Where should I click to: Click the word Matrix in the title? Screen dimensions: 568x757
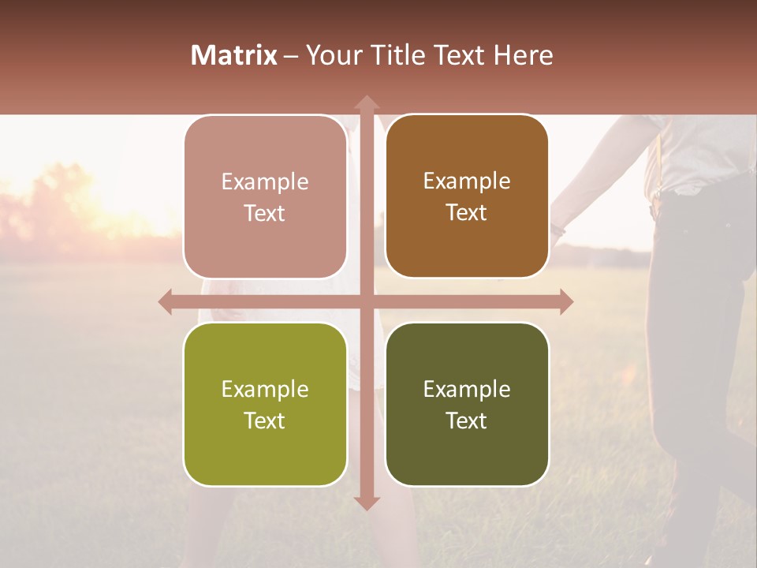coord(234,55)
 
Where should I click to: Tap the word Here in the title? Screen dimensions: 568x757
coord(524,55)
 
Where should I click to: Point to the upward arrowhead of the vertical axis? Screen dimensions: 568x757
coord(366,103)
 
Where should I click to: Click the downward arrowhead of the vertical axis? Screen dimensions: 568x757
coord(366,503)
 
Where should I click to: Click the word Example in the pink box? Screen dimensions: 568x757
coord(265,181)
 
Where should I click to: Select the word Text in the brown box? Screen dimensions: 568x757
coord(467,213)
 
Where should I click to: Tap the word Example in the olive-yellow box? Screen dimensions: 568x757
coord(265,389)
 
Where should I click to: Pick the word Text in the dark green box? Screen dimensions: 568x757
coord(467,420)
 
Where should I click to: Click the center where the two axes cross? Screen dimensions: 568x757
coord(366,302)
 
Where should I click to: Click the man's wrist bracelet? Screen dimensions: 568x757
coord(559,230)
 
